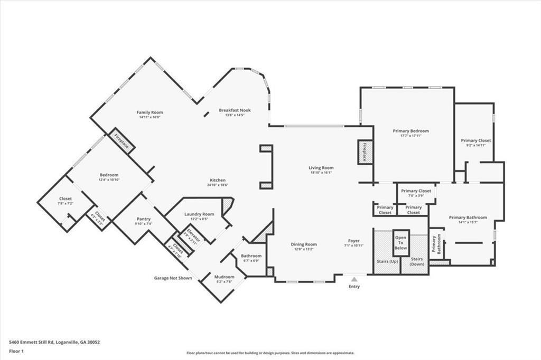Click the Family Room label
pyautogui.click(x=150, y=112)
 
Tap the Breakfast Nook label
pyautogui.click(x=235, y=110)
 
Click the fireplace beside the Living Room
pyautogui.click(x=365, y=153)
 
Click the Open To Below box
pyautogui.click(x=401, y=242)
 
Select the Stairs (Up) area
pyautogui.click(x=387, y=261)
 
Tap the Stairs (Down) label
pyautogui.click(x=417, y=261)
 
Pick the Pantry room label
pyautogui.click(x=143, y=219)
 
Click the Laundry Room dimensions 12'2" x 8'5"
pyautogui.click(x=199, y=219)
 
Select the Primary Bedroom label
pyautogui.click(x=411, y=131)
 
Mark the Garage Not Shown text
pyautogui.click(x=173, y=278)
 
